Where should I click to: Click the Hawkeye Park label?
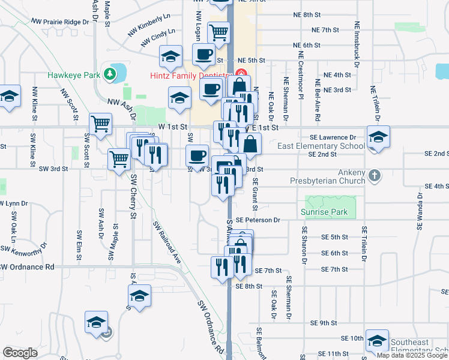74,76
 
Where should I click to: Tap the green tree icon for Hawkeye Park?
109,74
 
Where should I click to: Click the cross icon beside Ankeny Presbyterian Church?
374,176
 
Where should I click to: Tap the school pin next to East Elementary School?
378,137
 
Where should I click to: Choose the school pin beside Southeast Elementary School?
377,341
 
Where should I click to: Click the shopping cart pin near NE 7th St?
218,32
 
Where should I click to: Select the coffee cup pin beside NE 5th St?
203,54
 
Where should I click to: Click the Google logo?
20,353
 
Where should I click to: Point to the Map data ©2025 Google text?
412,355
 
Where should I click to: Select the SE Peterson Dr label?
258,220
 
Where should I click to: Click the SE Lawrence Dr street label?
336,137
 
